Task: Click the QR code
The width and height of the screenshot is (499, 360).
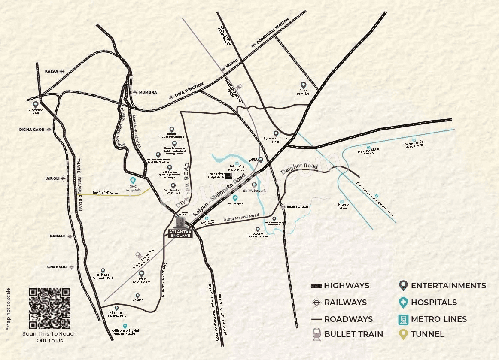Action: point(50,308)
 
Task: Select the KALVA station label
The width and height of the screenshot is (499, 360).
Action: point(52,71)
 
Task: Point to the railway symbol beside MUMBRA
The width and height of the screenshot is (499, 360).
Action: point(135,92)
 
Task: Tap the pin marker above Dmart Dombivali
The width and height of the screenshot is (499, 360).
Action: point(303,85)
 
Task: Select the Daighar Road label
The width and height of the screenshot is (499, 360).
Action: point(299,169)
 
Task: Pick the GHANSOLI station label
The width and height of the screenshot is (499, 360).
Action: point(57,267)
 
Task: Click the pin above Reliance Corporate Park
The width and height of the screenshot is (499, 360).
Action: point(103,270)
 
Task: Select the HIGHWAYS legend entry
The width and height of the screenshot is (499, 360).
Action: point(347,286)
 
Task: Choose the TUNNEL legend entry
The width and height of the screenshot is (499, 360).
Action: point(427,334)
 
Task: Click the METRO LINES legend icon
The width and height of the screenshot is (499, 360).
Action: point(403,319)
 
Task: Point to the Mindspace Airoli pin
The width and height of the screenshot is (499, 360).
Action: point(36,104)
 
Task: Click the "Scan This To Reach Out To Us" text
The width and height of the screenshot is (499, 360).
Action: point(50,337)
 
